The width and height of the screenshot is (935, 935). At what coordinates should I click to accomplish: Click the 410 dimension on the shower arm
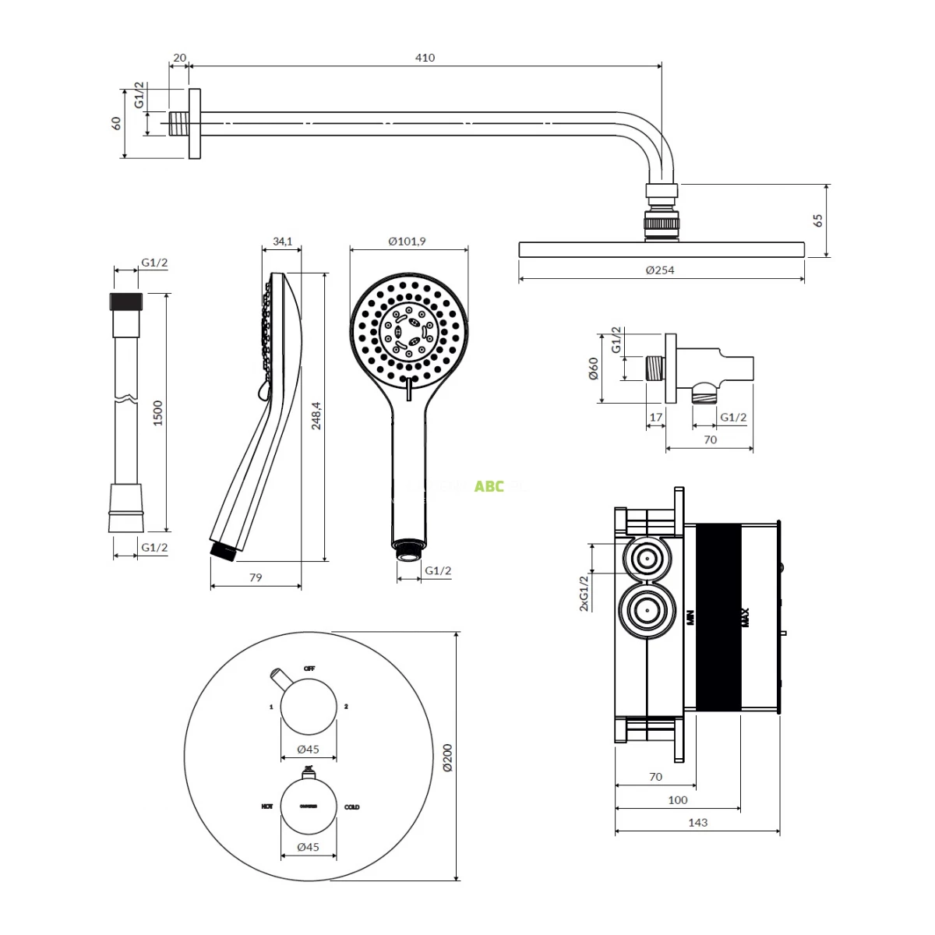point(425,58)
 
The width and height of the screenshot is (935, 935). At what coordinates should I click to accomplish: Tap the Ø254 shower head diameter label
point(660,270)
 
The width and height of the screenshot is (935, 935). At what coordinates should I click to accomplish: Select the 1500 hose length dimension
point(158,412)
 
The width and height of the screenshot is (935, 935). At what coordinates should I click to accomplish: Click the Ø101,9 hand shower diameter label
point(407,241)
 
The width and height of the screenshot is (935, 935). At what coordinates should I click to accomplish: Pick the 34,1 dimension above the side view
point(283,241)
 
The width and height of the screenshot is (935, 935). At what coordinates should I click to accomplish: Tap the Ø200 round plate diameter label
point(446,757)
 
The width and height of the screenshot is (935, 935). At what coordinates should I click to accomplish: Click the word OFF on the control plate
point(309,669)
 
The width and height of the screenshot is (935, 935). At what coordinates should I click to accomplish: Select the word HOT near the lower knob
point(266,807)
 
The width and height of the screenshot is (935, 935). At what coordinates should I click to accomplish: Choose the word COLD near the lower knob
point(352,807)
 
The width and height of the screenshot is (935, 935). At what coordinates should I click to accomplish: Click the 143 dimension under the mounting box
point(697,822)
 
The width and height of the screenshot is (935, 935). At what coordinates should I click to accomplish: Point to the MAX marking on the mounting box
point(745,617)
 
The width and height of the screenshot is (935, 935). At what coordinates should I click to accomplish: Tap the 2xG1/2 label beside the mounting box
point(584,592)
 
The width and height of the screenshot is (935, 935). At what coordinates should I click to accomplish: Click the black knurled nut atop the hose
point(126,302)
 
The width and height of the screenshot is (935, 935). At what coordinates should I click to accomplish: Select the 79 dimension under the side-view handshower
point(256,577)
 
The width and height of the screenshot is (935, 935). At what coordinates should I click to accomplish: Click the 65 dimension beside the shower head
point(818,220)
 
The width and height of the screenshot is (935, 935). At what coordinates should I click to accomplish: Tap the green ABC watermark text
point(489,486)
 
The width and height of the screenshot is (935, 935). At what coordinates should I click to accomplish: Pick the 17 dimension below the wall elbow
point(656,417)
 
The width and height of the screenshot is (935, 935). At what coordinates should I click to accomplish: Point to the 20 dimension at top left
point(179,58)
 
